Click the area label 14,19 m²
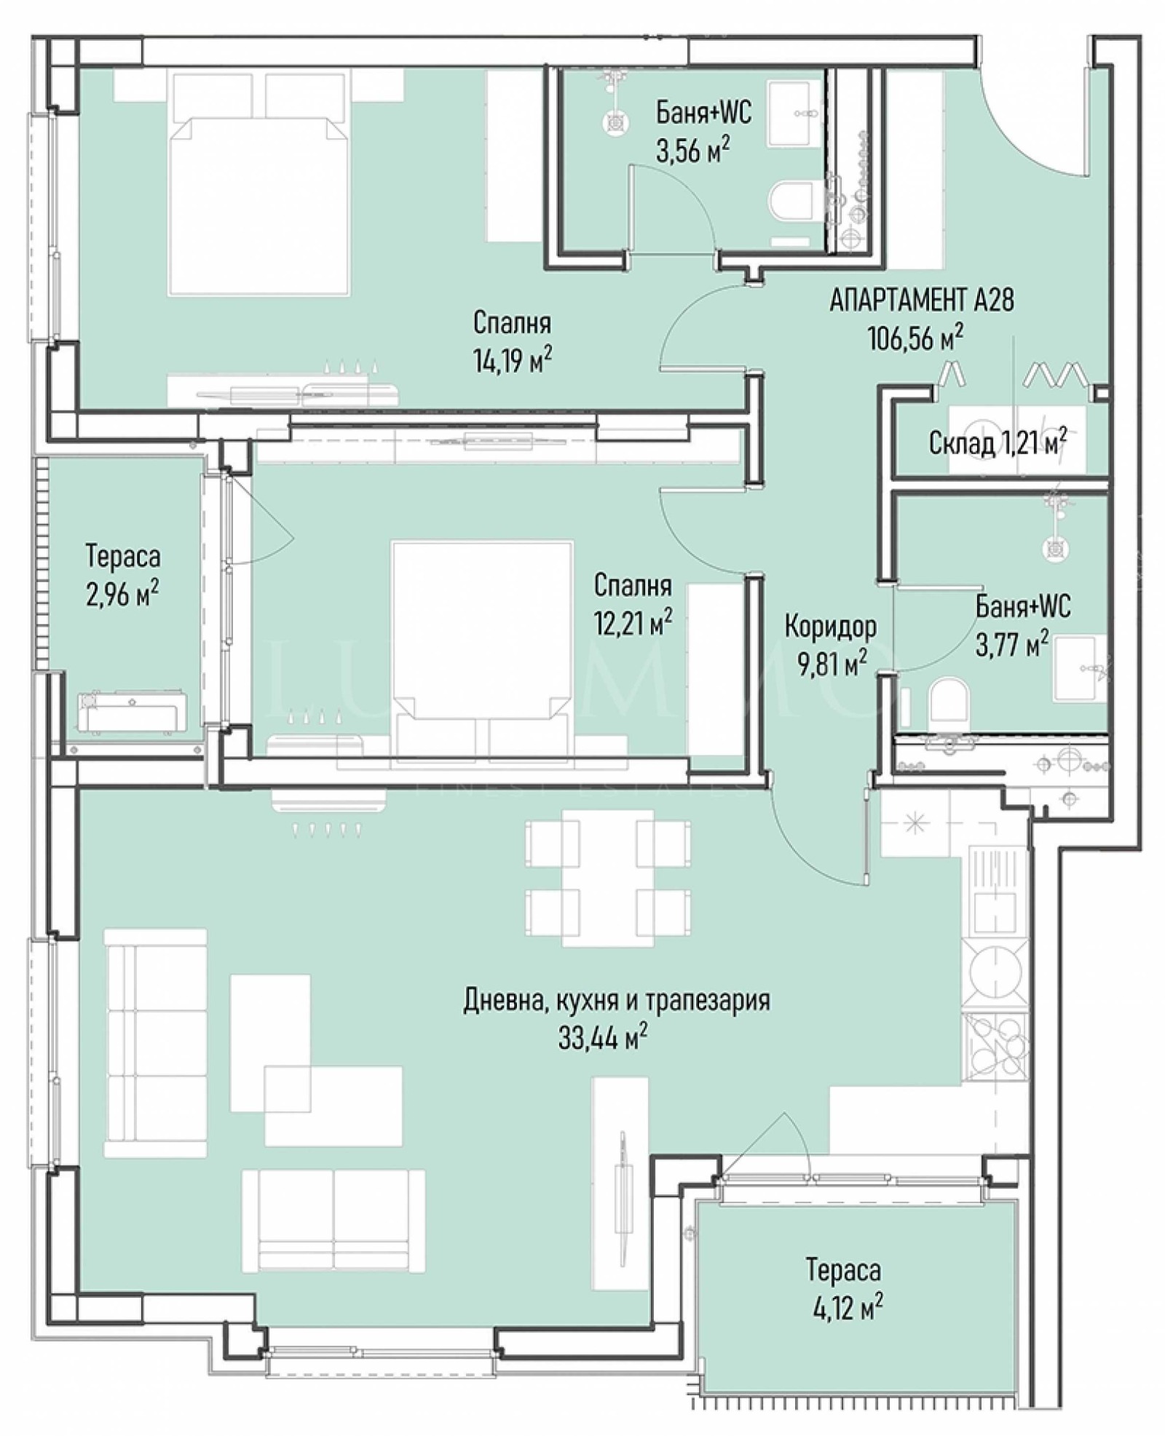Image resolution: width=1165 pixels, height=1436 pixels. [x=512, y=359]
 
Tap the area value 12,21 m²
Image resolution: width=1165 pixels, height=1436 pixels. [x=633, y=622]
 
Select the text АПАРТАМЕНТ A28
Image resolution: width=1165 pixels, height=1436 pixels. [x=922, y=301]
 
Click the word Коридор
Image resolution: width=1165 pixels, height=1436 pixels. [x=830, y=626]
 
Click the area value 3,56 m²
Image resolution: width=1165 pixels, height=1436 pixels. [x=692, y=151]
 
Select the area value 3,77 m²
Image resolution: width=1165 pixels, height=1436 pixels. [x=1012, y=643]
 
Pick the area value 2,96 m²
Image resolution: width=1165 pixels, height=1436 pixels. [x=122, y=594]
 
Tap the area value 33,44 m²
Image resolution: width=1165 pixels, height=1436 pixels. [x=603, y=1037]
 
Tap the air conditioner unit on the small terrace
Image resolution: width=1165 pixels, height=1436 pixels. [x=132, y=711]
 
